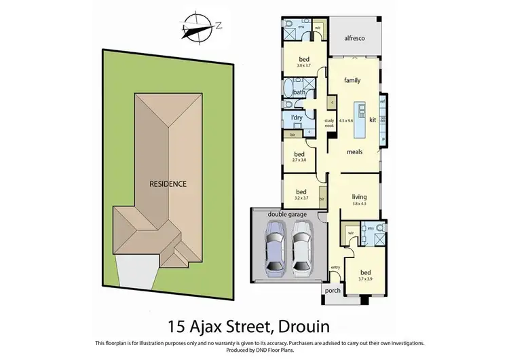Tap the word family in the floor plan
(x=352, y=80)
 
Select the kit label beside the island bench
(x=373, y=120)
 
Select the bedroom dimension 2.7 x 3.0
(x=299, y=160)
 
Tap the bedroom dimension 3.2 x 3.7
(x=301, y=198)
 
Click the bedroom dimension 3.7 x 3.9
(x=365, y=278)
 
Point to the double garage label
(x=288, y=215)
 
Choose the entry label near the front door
(x=335, y=268)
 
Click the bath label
(x=299, y=92)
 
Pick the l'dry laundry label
(x=296, y=118)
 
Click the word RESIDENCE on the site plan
(x=168, y=183)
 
